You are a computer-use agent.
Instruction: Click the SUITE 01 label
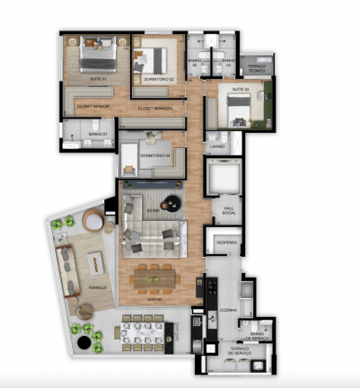pos(97,79)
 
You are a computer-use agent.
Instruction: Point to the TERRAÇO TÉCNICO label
pos(257,67)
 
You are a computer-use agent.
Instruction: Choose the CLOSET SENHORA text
pos(155,108)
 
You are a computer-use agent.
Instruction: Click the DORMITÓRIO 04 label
pos(156,155)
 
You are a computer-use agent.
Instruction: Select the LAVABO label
pos(218,145)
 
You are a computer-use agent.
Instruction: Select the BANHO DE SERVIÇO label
pos(255,334)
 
